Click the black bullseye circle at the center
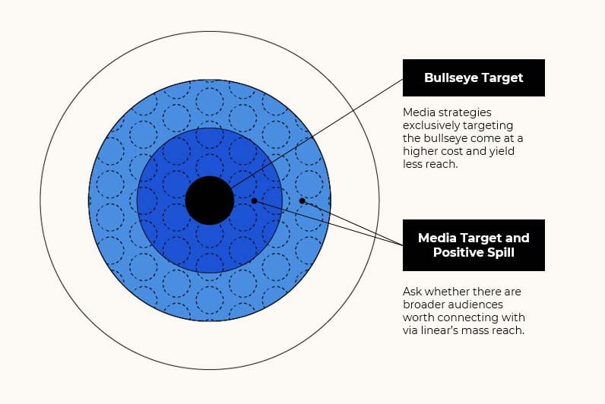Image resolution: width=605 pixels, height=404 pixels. (x=210, y=200)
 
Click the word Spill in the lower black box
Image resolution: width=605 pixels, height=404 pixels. (x=501, y=252)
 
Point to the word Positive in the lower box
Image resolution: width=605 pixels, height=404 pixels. (x=459, y=252)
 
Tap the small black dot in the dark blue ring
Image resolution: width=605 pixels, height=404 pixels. (x=254, y=200)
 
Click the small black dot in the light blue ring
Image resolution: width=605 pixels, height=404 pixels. (x=302, y=200)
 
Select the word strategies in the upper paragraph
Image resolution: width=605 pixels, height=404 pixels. (x=465, y=112)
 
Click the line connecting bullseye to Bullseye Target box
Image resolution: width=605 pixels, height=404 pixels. (x=316, y=134)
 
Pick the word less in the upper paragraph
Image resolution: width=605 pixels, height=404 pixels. (x=412, y=164)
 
